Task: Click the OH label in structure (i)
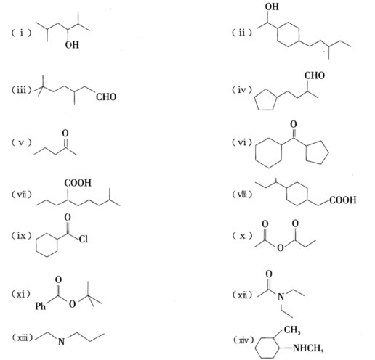pos(72,45)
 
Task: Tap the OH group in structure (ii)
pos(272,7)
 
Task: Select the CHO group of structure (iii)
pos(106,97)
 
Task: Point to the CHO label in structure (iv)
pos(315,75)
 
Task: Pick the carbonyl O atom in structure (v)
pos(65,133)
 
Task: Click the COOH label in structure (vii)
pos(78,183)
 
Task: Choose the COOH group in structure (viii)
pos(343,200)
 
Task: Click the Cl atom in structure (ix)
pos(83,239)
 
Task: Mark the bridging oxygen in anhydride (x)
pos(280,247)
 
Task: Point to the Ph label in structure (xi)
pos(41,306)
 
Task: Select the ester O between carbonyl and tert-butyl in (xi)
pos(72,304)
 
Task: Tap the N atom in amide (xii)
pos(281,297)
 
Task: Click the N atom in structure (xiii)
pos(62,342)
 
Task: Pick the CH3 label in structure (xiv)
pos(292,330)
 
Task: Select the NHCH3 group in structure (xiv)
pos(308,348)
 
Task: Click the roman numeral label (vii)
pos(22,195)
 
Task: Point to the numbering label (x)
pos(242,235)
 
